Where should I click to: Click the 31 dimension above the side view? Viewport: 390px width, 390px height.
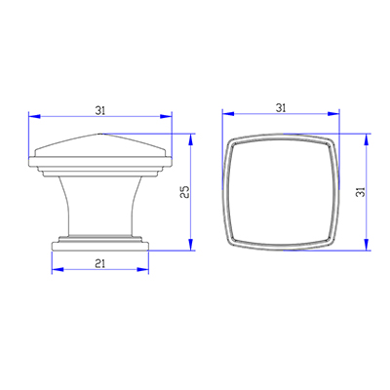pyautogui.click(x=99, y=110)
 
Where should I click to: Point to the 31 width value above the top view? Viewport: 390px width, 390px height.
pyautogui.click(x=281, y=107)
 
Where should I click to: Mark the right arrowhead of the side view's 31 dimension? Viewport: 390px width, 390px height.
pyautogui.click(x=169, y=119)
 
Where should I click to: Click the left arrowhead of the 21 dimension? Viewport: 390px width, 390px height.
pyautogui.click(x=53, y=269)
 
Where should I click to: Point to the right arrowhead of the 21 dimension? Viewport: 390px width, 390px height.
pyautogui.click(x=146, y=269)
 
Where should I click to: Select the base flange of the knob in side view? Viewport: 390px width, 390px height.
pyautogui.click(x=99, y=245)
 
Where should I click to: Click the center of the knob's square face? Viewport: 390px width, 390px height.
pyautogui.click(x=282, y=193)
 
